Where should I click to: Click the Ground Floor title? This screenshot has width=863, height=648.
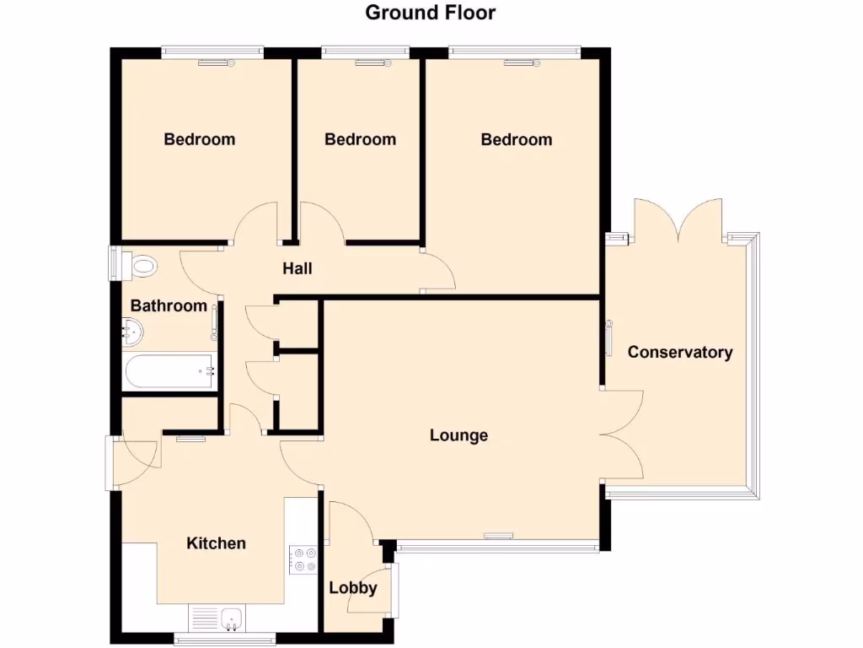(431, 13)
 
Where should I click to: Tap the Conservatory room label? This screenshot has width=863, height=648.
(680, 353)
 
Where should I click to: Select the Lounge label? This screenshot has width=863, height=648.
(458, 435)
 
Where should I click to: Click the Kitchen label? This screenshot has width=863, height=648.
(216, 543)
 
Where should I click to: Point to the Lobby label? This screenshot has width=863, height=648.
(352, 588)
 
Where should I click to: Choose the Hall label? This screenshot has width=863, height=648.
(297, 268)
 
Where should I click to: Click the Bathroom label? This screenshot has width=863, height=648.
(169, 305)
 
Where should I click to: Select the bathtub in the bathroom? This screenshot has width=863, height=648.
(169, 371)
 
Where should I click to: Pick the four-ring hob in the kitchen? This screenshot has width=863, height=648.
(303, 559)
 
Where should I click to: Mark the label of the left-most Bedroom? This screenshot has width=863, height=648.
(200, 139)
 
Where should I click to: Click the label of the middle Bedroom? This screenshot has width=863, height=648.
(360, 139)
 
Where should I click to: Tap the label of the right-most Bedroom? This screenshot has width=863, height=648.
(516, 139)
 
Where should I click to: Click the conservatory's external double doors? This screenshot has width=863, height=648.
(678, 221)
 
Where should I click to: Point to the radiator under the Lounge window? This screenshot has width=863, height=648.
(498, 535)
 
